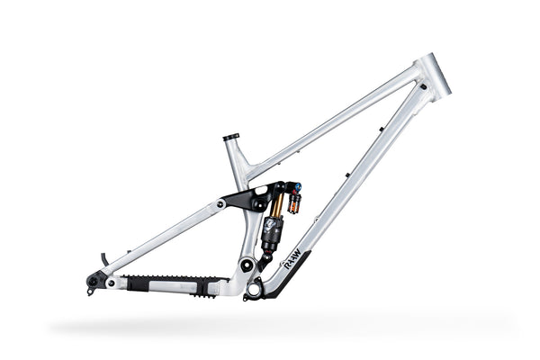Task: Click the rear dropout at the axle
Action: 94,283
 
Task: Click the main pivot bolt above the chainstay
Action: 246,265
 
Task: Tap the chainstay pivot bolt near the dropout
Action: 111,283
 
